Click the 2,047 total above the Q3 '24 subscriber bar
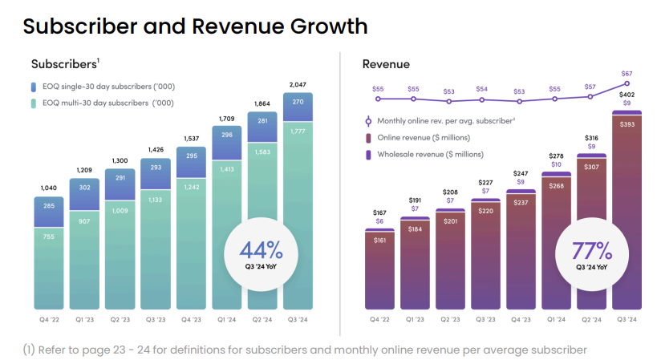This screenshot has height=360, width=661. click(298, 84)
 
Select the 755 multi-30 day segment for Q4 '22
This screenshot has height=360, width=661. click(49, 237)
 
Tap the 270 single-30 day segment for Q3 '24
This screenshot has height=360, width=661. click(298, 103)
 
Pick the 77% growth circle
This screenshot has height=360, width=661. click(591, 252)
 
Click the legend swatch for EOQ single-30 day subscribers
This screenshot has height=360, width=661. click(34, 87)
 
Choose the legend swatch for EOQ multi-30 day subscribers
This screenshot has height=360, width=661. click(34, 103)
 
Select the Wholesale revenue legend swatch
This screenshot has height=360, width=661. click(368, 154)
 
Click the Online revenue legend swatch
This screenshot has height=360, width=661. click(368, 138)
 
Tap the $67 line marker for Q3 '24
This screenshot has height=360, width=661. click(627, 83)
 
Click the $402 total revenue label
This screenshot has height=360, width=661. click(627, 95)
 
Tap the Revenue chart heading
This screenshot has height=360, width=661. click(386, 64)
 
